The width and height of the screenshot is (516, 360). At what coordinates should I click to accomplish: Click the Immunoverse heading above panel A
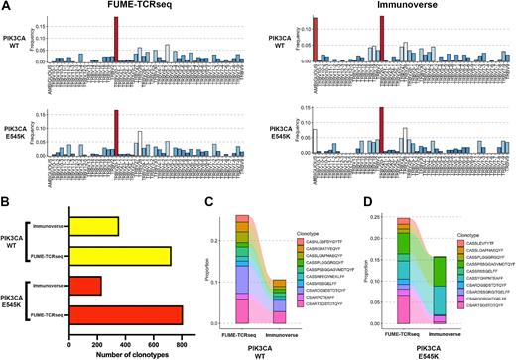click(x=387, y=9)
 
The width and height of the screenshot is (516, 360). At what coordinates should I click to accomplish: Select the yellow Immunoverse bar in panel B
click(x=92, y=226)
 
